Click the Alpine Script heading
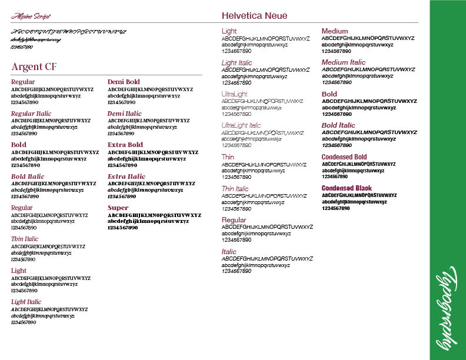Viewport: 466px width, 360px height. (31, 16)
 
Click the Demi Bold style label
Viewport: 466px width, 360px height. (124, 82)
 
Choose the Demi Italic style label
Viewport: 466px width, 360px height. (124, 114)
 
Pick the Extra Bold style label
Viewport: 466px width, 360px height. (125, 145)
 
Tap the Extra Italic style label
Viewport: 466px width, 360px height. (126, 176)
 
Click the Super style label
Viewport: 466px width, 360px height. (118, 208)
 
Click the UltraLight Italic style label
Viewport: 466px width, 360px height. (241, 125)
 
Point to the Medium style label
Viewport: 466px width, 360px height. (335, 31)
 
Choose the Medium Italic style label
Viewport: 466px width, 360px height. (343, 62)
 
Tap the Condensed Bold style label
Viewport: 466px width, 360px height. (344, 157)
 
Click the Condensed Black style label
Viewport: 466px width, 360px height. (347, 188)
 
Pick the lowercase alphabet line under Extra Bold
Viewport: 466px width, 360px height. (147, 159)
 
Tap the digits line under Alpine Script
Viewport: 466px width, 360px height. (22, 46)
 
